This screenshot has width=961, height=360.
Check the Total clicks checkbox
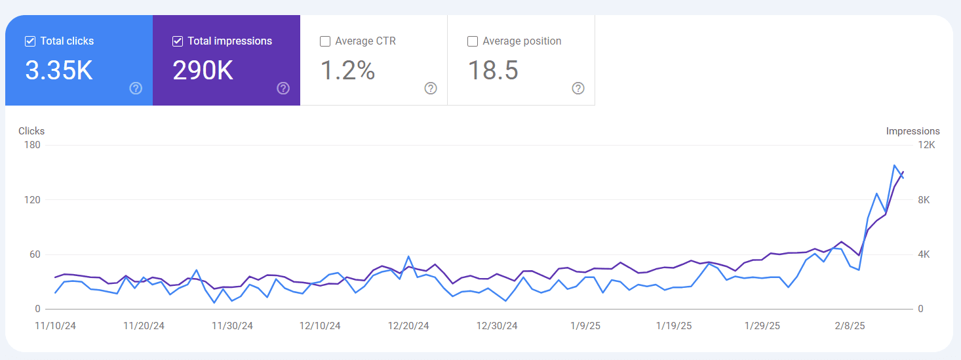[x=29, y=41]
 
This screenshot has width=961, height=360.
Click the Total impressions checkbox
[x=177, y=41]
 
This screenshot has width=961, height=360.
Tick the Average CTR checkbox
[x=324, y=41]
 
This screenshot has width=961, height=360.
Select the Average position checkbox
[x=472, y=41]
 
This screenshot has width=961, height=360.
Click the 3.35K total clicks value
[x=59, y=71]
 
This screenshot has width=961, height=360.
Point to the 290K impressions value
[x=203, y=71]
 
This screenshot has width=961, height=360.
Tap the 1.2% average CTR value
[x=347, y=71]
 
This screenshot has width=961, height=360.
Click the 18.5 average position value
[x=493, y=71]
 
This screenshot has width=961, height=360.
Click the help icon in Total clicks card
[x=136, y=89]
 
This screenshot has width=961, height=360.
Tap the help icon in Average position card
[x=578, y=89]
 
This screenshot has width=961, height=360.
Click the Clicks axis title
[x=31, y=131]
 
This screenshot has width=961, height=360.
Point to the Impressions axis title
[x=912, y=131]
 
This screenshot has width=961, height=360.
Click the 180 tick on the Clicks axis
[x=32, y=145]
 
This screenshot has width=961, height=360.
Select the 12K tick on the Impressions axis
[x=928, y=145]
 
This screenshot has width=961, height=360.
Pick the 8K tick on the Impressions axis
[x=924, y=200]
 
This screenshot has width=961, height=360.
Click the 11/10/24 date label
[x=55, y=326]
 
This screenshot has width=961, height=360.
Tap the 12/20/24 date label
[x=408, y=326]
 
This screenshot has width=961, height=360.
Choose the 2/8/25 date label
[x=850, y=326]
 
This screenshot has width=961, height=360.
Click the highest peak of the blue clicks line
[x=894, y=165]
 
